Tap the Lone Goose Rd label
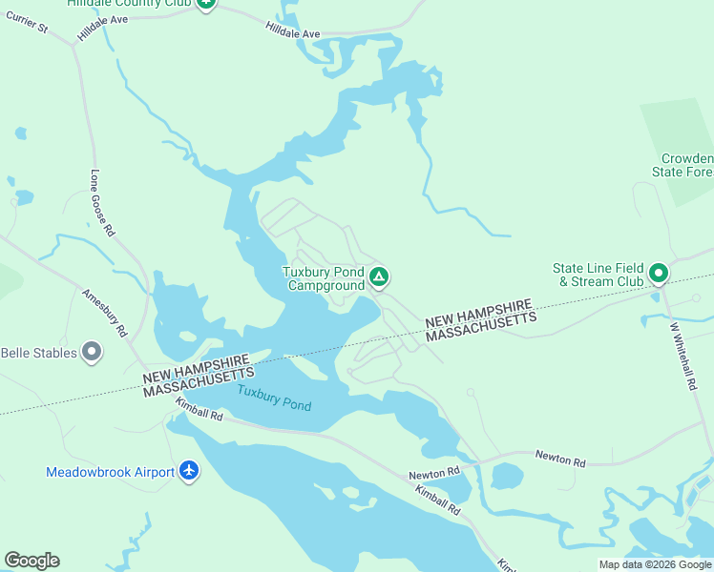coord(102,202)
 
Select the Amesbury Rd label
coord(105,315)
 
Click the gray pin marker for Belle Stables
coord(92,352)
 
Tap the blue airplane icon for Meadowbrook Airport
coord(189,471)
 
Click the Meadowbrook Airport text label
coord(110,472)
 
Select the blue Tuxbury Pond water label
coord(274,398)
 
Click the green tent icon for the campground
coord(379,277)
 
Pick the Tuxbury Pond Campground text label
coord(325,278)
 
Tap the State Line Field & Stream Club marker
coord(658,275)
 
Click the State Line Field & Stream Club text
coord(598,275)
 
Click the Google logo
coord(31,561)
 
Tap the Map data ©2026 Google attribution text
coord(655,564)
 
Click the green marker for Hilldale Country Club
coord(206,4)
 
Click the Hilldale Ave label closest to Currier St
coord(103,26)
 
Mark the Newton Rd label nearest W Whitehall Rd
coord(559,460)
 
